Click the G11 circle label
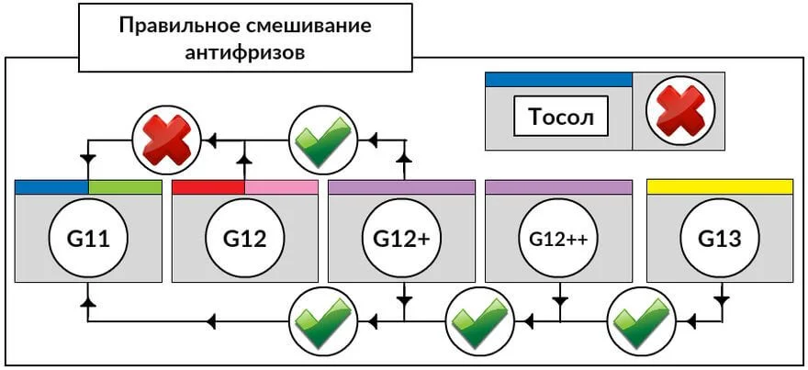tap(89, 240)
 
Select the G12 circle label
tap(245, 240)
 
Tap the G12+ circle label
tap(401, 240)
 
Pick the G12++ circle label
tap(558, 240)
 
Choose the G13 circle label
tap(719, 240)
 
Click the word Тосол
tap(561, 118)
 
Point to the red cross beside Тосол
tap(680, 111)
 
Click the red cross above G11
tap(166, 140)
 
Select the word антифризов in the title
tap(245, 51)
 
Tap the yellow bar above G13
tap(720, 186)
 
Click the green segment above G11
tap(125, 186)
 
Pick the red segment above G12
tap(208, 186)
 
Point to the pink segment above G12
tap(281, 186)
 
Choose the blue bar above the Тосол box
tap(558, 80)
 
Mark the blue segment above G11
tap(52, 186)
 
